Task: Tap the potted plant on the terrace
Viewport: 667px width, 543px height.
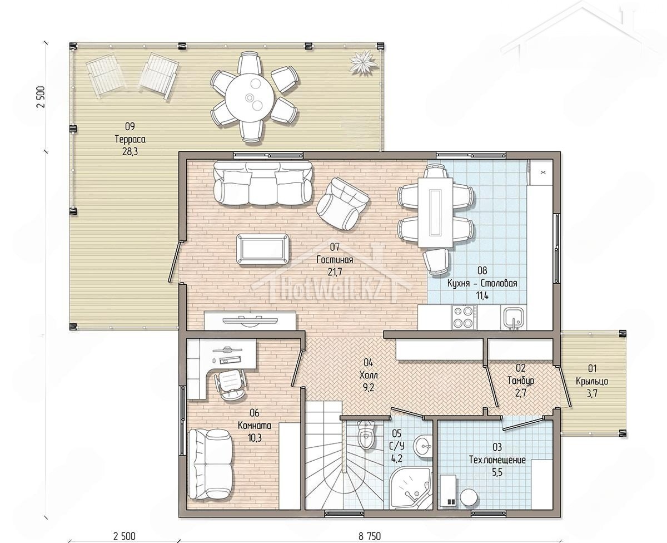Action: [362, 63]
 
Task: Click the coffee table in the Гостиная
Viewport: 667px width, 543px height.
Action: [263, 249]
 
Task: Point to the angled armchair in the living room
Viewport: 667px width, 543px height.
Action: [342, 204]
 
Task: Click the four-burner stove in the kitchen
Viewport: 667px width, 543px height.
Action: [464, 317]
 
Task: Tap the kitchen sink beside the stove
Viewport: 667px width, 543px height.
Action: [514, 318]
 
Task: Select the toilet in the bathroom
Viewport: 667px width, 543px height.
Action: [366, 433]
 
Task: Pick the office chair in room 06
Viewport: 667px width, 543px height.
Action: [231, 384]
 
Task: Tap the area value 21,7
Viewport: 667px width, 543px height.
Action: [335, 272]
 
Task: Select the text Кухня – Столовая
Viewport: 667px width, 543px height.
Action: [482, 283]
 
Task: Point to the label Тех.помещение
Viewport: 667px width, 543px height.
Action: [497, 460]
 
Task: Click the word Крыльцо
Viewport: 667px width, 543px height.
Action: [592, 381]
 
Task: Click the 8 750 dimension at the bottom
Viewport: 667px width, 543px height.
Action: [370, 536]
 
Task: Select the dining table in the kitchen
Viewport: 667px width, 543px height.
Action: [435, 213]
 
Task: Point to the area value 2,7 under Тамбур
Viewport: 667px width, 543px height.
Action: [520, 393]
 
